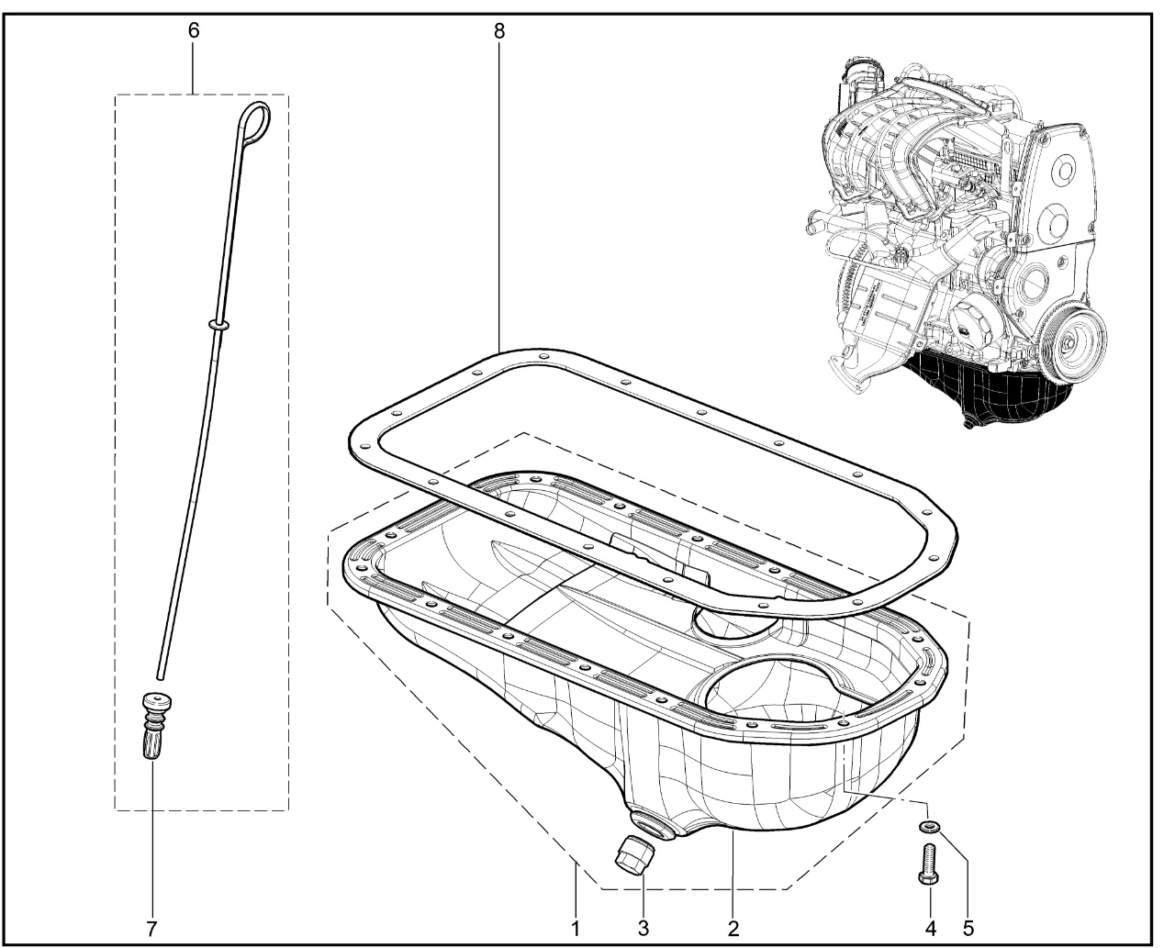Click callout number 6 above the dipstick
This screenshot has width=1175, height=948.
pyautogui.click(x=193, y=31)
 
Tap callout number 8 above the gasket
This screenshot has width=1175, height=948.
pyautogui.click(x=498, y=31)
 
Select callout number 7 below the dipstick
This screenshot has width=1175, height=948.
pyautogui.click(x=151, y=929)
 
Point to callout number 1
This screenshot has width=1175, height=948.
pyautogui.click(x=576, y=929)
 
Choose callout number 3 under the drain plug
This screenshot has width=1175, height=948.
pyautogui.click(x=643, y=929)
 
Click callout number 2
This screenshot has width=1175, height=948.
pyautogui.click(x=733, y=929)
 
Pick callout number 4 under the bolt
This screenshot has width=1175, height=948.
pyautogui.click(x=931, y=929)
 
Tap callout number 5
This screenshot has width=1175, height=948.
pyautogui.click(x=968, y=929)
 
